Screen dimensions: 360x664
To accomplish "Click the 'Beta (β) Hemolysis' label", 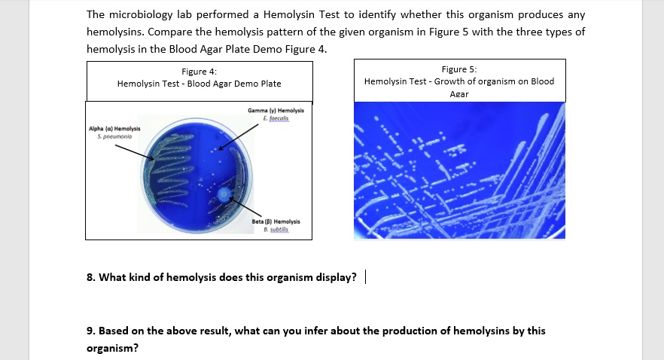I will point(276,221).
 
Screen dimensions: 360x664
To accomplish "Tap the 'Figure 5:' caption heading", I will point(459,69).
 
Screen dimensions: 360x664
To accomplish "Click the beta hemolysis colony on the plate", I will point(223,194).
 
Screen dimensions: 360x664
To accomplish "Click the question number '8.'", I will point(91,277).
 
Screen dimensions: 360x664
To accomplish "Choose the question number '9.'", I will point(91,331).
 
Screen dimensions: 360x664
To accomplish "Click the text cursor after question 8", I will point(365,277).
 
